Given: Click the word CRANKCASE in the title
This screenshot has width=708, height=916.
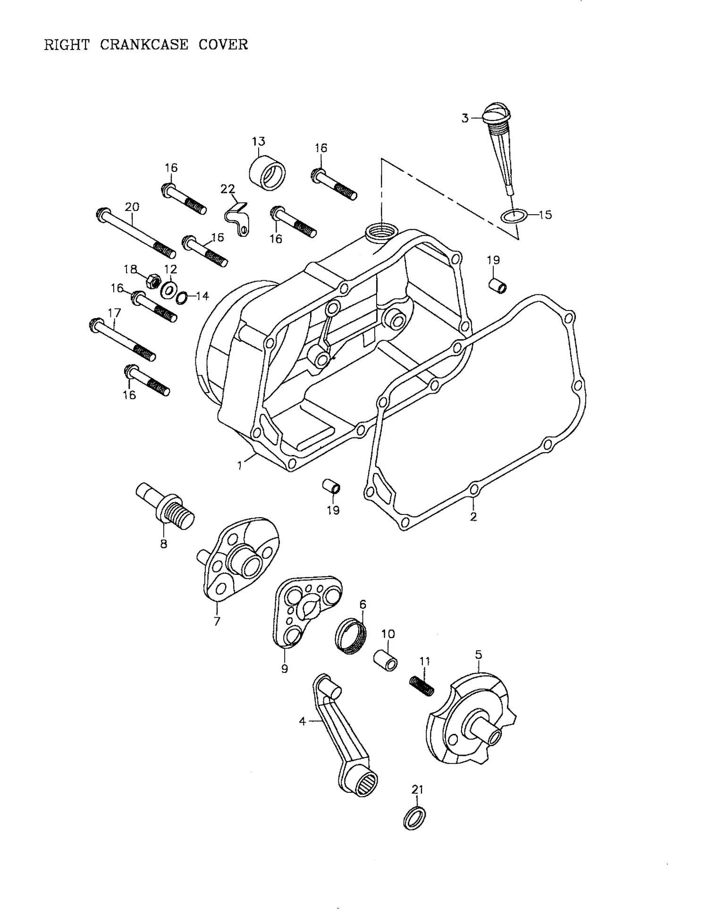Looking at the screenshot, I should pos(144,45).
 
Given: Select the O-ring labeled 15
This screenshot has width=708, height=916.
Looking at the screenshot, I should pos(513,217).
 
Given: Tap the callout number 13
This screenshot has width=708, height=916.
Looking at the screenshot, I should pos(258,141).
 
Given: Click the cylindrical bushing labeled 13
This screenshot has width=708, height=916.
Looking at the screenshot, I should pos(267,173).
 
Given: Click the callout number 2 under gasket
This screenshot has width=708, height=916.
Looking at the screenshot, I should pos(473,516).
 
